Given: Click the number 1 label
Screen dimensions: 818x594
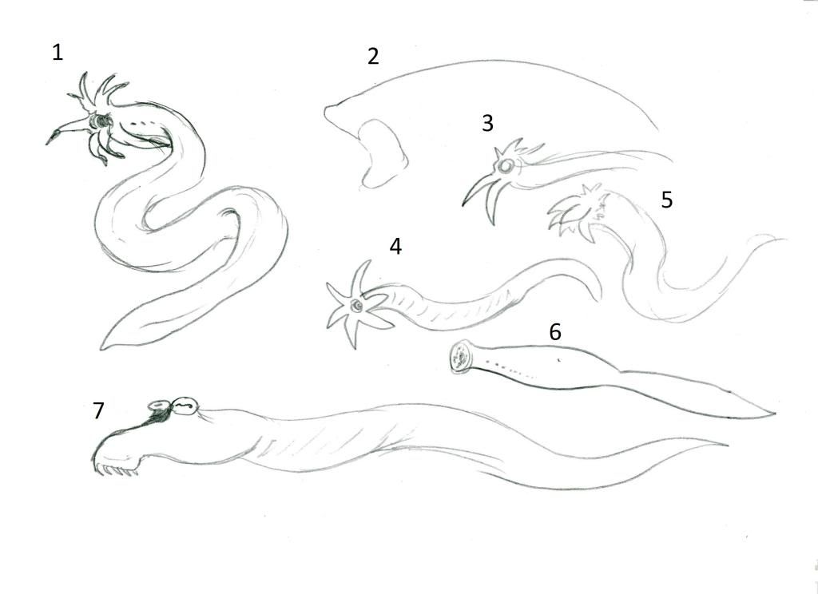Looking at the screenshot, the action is click(x=58, y=52).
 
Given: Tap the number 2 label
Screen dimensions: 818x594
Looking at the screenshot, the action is click(x=373, y=57).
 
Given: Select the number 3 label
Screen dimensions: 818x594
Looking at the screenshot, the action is click(x=487, y=123).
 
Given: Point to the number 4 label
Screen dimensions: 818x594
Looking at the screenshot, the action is click(x=395, y=246).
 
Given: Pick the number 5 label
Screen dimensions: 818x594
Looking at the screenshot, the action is click(x=667, y=200).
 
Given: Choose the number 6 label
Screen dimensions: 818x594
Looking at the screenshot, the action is click(x=555, y=331).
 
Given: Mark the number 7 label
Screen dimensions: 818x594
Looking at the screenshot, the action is click(x=98, y=410).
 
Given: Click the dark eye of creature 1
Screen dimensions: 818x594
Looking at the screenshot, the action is click(x=101, y=121).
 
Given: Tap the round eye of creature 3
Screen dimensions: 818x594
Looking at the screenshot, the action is click(x=505, y=166).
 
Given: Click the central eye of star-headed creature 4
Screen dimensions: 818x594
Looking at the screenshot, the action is click(x=357, y=305).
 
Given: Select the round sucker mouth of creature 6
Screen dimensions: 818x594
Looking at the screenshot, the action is click(x=461, y=357).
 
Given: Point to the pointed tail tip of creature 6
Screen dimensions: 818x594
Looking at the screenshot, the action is click(x=774, y=414).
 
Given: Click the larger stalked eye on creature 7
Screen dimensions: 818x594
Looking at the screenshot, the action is click(x=185, y=406).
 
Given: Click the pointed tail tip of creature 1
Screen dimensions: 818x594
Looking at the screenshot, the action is click(x=101, y=348).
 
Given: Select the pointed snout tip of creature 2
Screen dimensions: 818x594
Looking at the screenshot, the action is click(x=326, y=110).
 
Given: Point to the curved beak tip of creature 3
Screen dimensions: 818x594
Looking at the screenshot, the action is click(x=463, y=204).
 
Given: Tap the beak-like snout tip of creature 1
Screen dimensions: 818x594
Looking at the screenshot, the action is click(x=47, y=143).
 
